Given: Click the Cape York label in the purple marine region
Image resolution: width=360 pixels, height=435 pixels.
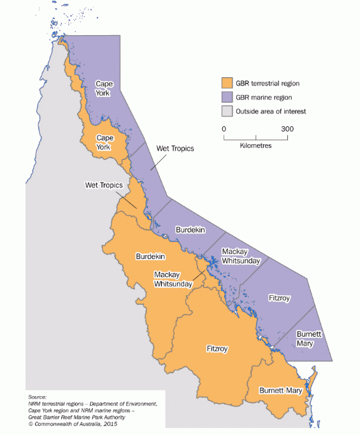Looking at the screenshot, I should point(103,88).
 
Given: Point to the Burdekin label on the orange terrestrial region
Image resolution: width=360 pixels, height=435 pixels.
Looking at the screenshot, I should point(151,256).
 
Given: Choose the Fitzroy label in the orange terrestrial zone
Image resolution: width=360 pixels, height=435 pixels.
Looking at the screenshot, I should point(217,349).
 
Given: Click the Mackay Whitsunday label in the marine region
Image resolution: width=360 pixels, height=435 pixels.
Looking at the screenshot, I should point(239,256).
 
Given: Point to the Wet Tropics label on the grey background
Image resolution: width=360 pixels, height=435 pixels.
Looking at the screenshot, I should point(104,184).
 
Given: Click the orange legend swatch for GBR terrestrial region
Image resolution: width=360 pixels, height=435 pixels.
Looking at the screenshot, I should point(225,83).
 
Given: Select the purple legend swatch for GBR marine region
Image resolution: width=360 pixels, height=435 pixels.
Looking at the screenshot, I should point(225,97).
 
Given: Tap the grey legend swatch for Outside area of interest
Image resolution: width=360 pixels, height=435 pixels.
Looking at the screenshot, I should point(225,111).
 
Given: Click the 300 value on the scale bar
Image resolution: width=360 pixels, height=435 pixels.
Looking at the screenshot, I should point(287,129).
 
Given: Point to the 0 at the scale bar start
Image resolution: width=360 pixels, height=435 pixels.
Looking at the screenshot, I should point(224,129).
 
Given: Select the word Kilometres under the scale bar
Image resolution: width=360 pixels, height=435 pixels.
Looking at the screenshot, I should point(256,146).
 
